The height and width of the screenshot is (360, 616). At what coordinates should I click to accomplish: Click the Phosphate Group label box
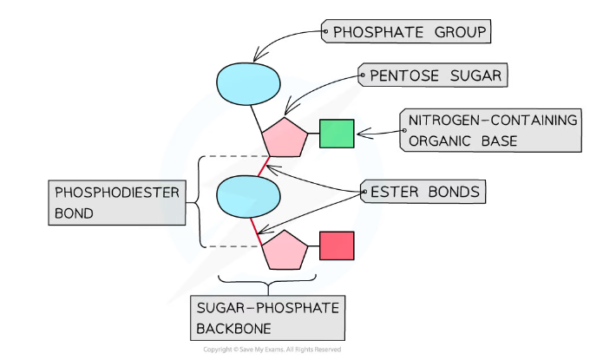tap(406, 31)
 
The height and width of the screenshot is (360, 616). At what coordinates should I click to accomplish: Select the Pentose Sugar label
tap(433, 75)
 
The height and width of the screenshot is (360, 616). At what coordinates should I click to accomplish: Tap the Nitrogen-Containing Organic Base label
tap(490, 130)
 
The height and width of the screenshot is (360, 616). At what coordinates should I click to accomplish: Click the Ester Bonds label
tap(423, 192)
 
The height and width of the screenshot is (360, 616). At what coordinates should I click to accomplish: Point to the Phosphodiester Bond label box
tap(117, 203)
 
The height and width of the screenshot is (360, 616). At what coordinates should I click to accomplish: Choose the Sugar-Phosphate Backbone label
tap(267, 318)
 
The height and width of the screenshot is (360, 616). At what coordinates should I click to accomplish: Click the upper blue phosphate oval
tap(248, 83)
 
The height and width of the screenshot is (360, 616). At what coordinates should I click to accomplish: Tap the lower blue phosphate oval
tap(248, 196)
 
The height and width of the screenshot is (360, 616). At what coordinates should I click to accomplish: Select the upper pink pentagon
tap(285, 138)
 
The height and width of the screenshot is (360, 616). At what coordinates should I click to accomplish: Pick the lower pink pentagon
tap(285, 251)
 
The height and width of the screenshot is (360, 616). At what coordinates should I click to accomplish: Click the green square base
tap(337, 134)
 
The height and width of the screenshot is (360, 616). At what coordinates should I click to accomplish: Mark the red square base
tap(337, 245)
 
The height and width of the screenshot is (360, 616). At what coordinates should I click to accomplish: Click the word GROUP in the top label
tap(460, 32)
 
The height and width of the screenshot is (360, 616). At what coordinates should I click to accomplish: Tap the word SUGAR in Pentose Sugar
tap(475, 75)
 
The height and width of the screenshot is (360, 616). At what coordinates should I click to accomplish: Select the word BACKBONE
tap(233, 329)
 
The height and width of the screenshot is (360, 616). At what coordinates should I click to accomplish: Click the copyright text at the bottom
tap(272, 350)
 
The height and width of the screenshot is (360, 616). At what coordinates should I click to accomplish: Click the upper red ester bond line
tap(264, 167)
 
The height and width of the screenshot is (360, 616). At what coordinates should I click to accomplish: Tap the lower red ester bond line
tap(256, 232)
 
